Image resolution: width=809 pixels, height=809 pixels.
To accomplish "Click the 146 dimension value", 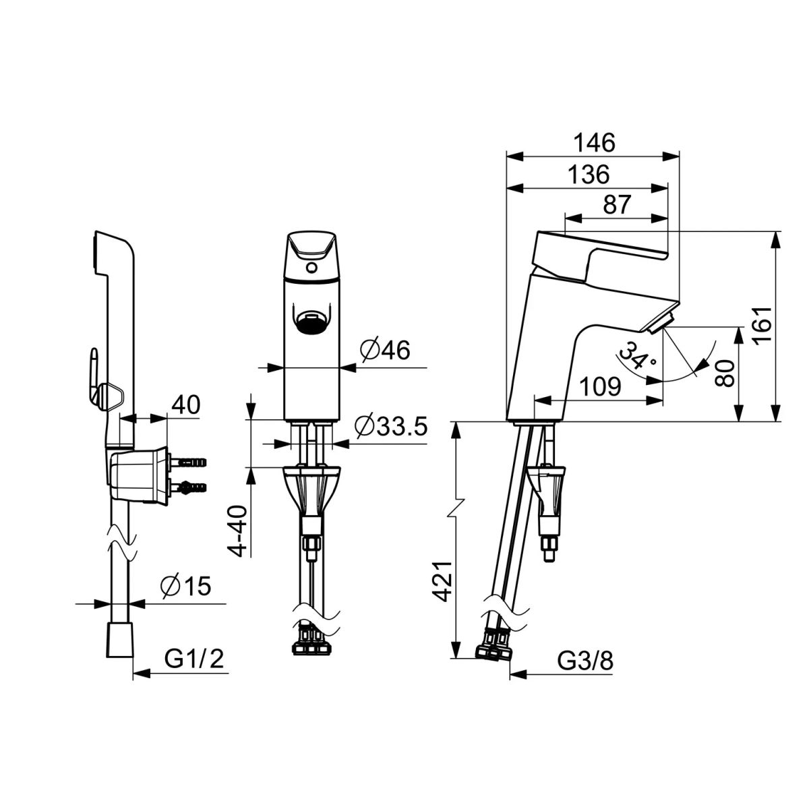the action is point(594,143).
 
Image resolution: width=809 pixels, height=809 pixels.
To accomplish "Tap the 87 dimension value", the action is point(617,205).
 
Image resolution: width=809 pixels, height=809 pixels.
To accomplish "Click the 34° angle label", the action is point(635,356).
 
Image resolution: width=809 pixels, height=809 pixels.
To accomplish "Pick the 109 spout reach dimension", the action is point(601,386).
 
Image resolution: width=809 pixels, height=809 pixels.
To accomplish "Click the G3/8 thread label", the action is point(585,661).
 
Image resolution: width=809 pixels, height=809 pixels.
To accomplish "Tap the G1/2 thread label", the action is point(193,660).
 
